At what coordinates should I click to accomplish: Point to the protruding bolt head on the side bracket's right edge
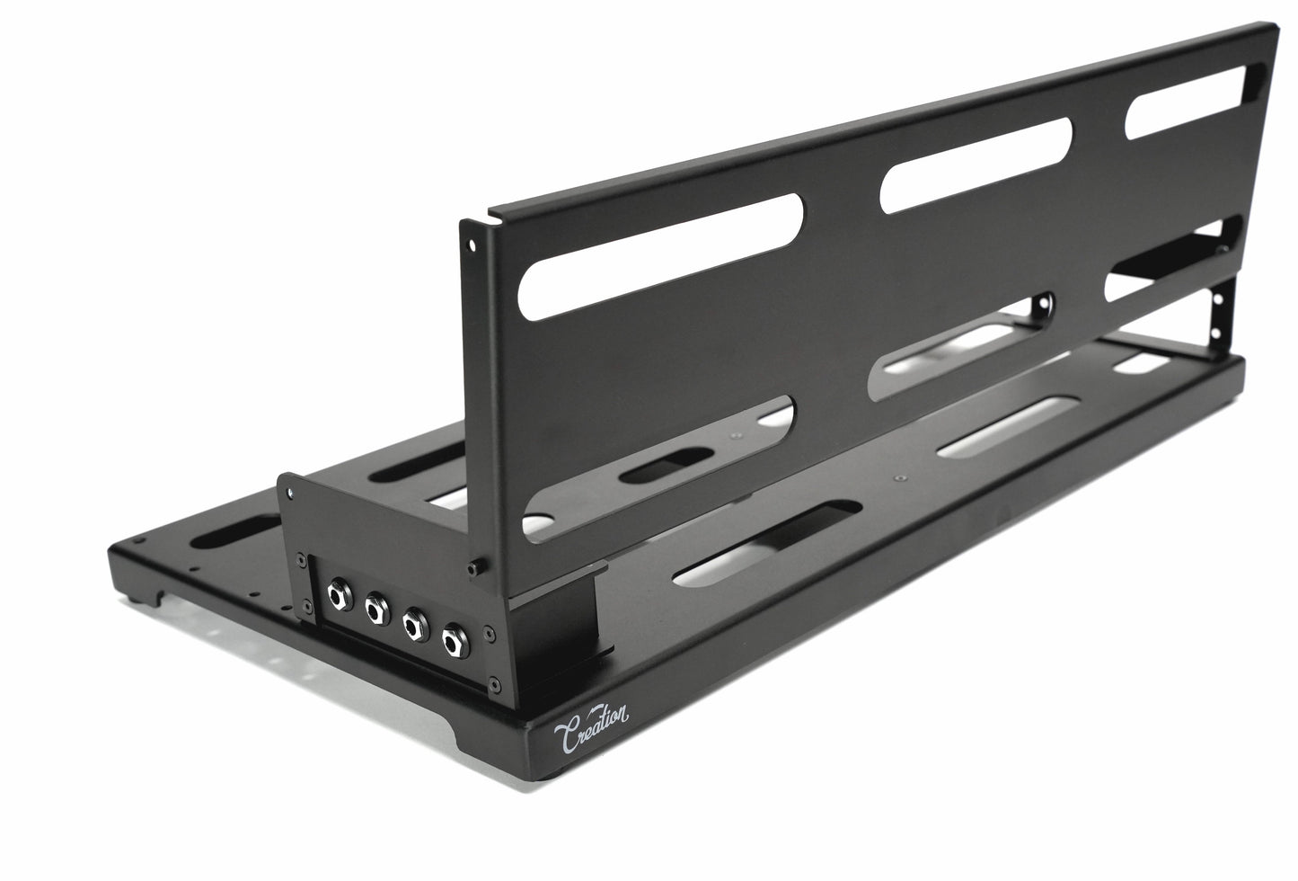[473, 568]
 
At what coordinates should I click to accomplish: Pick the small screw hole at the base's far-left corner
[139, 541]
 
